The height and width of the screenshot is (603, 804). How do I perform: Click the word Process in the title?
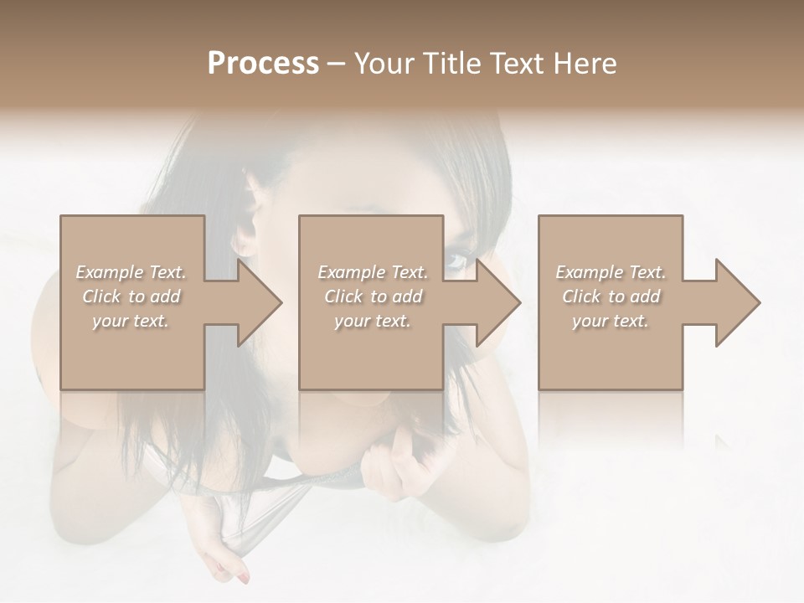263,64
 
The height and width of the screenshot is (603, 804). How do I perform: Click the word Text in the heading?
517,64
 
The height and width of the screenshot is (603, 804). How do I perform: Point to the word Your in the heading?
384,64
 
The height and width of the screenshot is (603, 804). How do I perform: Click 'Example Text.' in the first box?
131,272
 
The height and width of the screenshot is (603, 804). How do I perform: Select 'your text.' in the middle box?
373,321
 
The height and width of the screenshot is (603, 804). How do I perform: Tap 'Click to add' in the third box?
611,296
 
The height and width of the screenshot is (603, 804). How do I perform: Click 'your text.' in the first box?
131,321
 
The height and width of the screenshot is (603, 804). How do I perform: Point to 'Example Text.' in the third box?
611,272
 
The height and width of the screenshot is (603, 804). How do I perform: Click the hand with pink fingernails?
228,566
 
